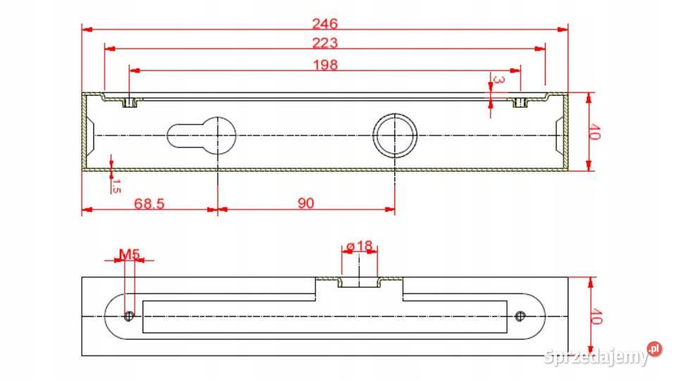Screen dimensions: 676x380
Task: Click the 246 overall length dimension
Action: point(325,24)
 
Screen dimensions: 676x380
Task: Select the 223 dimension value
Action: point(325,43)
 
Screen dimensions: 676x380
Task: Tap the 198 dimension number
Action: point(325,65)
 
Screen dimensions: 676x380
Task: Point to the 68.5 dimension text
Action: point(149,203)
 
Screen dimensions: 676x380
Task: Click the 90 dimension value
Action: point(306,203)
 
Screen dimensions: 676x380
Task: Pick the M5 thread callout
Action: point(130,254)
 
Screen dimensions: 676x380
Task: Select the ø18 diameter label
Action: point(359,246)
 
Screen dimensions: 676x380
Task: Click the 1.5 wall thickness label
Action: point(116,186)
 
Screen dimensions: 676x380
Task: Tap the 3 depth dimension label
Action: point(499,80)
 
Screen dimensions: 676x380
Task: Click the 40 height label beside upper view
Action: point(594,132)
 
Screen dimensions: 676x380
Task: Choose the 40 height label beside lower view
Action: point(596,316)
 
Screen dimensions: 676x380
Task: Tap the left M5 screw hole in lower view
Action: point(129,316)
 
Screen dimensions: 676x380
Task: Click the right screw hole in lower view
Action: point(520,316)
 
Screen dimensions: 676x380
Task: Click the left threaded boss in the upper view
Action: point(130,103)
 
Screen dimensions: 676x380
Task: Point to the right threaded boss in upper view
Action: point(520,103)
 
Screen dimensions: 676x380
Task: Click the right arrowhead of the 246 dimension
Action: point(563,30)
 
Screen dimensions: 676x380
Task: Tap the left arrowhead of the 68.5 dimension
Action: point(87,210)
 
